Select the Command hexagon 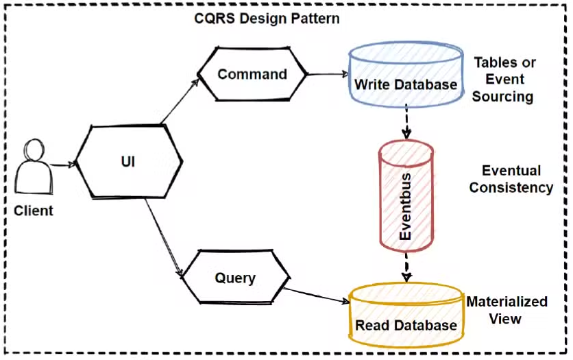252,74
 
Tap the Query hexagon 235,278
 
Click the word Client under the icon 34,211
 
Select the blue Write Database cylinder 405,75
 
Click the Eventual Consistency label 511,178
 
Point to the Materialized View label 506,310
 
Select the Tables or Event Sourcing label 504,79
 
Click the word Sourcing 502,96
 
